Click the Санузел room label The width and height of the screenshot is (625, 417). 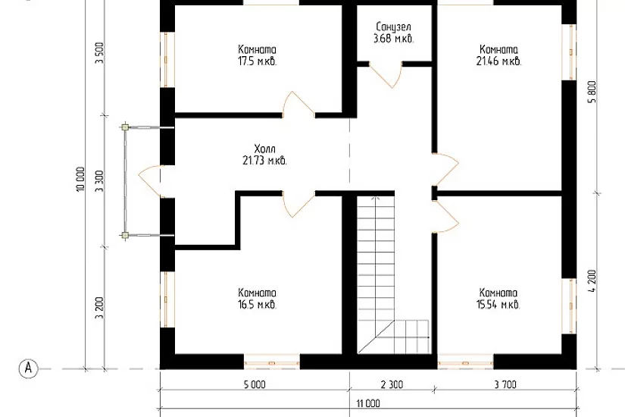click(x=393, y=27)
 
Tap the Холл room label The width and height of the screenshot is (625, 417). click(x=264, y=149)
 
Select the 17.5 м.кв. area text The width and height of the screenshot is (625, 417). click(x=257, y=62)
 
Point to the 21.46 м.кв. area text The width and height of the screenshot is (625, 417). click(x=498, y=61)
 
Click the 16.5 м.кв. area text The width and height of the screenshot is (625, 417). click(x=257, y=306)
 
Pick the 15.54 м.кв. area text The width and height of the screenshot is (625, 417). click(x=498, y=305)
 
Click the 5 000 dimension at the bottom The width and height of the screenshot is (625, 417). click(x=255, y=384)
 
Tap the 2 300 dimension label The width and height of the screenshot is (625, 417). click(x=392, y=384)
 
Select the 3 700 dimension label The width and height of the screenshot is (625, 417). click(x=505, y=384)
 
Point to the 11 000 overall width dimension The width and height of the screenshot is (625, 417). click(x=368, y=403)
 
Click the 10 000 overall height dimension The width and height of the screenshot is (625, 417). click(x=80, y=179)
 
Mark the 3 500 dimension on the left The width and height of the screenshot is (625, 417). click(x=99, y=52)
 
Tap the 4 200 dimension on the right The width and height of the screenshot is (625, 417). click(x=592, y=281)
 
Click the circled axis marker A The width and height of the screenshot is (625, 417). click(x=28, y=368)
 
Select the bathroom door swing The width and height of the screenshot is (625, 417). click(x=386, y=74)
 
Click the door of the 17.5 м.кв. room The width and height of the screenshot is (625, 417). click(x=298, y=105)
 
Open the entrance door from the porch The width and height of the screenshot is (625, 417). click(x=150, y=181)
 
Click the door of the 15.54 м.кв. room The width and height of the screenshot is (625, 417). click(x=445, y=215)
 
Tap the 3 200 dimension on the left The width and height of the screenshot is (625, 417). click(x=99, y=308)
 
